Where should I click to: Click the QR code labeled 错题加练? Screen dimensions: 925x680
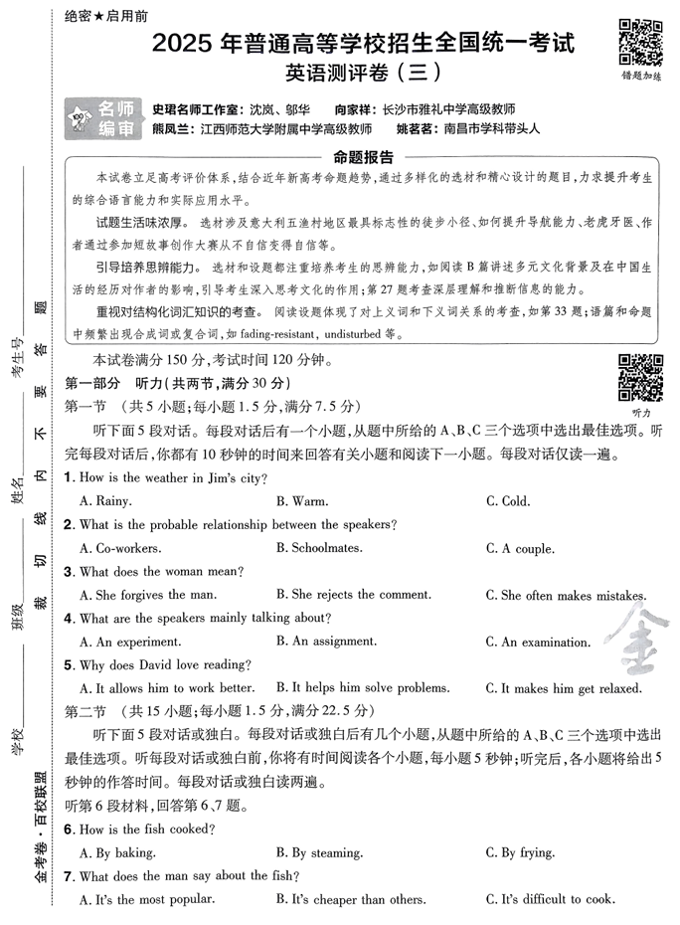[x=641, y=41]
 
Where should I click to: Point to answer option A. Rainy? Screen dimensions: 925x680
[x=105, y=501]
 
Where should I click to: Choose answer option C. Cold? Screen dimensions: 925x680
[x=507, y=501]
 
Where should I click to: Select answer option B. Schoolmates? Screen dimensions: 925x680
[x=319, y=548]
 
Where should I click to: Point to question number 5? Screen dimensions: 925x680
[x=69, y=664]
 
